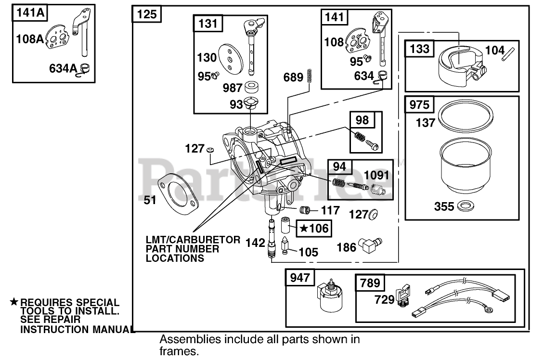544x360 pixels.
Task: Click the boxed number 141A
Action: pos(29,13)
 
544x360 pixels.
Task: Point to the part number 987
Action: pos(232,88)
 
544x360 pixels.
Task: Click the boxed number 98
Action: pos(362,119)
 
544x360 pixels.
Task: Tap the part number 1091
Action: pos(376,176)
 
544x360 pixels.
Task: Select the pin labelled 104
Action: pos(511,51)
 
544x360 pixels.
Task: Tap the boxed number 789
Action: pos(369,283)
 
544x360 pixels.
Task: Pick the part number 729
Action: pos(384,300)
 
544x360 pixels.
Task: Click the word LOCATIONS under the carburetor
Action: pos(174,258)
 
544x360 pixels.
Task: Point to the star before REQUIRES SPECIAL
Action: pos(14,302)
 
